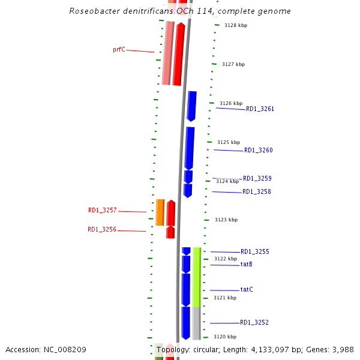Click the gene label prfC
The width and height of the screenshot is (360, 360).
click(119, 50)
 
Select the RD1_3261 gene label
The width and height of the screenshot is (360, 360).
click(260, 109)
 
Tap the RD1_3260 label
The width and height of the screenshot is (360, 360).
click(258, 151)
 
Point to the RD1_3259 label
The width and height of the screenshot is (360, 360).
click(257, 179)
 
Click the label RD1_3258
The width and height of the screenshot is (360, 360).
click(256, 192)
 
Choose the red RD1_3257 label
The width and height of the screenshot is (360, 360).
click(102, 211)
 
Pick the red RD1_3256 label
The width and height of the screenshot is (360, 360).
click(101, 230)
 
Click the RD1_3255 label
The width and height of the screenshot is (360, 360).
click(254, 252)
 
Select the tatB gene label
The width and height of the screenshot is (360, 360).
click(246, 265)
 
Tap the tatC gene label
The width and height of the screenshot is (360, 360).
click(247, 290)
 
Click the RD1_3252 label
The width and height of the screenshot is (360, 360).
click(254, 323)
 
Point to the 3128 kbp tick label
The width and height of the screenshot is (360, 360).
click(235, 25)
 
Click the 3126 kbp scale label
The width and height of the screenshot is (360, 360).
click(230, 104)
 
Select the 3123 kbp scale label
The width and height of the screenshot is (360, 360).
click(226, 220)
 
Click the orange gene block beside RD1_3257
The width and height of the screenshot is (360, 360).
click(160, 212)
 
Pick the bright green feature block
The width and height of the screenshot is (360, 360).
click(196, 277)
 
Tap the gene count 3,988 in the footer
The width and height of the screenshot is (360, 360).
click(342, 349)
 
